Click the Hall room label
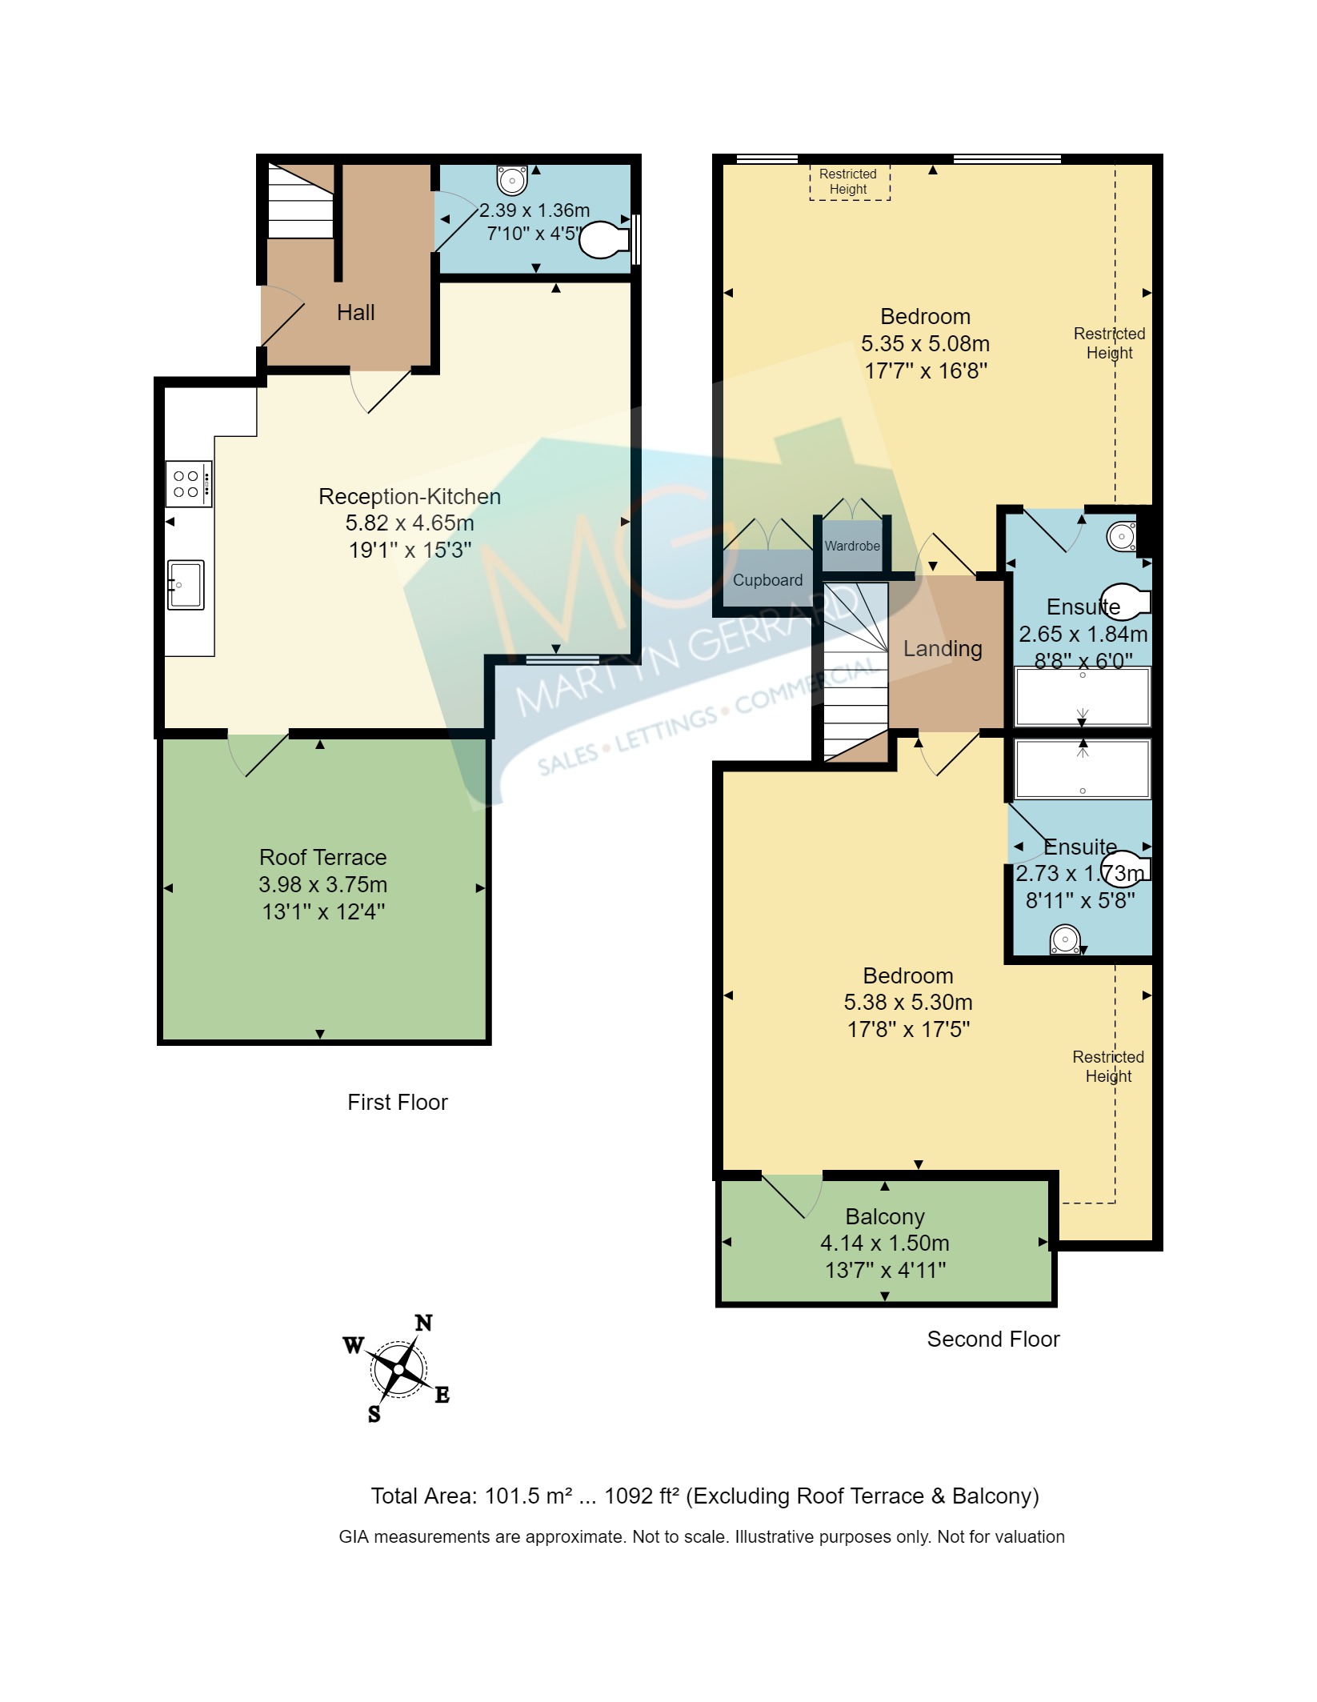click(355, 312)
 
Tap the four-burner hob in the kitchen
click(189, 483)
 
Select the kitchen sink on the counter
click(185, 584)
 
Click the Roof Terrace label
click(322, 857)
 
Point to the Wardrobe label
click(852, 546)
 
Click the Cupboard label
click(767, 580)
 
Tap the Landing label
click(943, 648)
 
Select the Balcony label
click(885, 1216)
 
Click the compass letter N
click(423, 1323)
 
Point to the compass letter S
click(374, 1414)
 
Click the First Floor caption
click(397, 1102)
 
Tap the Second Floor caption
click(993, 1339)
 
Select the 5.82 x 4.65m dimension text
click(410, 523)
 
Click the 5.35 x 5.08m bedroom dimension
click(925, 344)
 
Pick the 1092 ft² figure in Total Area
click(642, 1496)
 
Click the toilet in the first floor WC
click(606, 239)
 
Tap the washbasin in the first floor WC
click(512, 179)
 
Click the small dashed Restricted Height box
click(849, 182)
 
